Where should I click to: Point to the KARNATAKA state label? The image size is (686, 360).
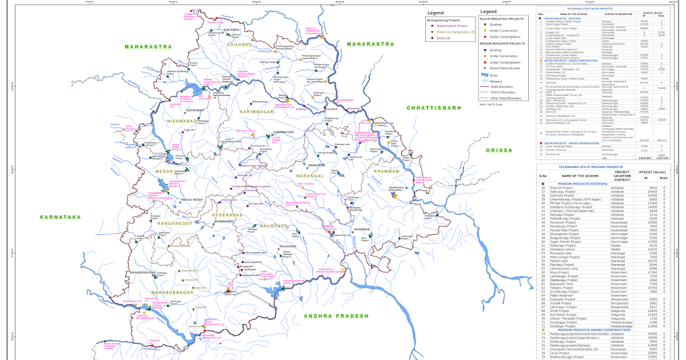point(61,217)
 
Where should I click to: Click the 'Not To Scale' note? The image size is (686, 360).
point(490,105)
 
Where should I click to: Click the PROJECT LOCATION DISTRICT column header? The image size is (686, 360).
point(622,175)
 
